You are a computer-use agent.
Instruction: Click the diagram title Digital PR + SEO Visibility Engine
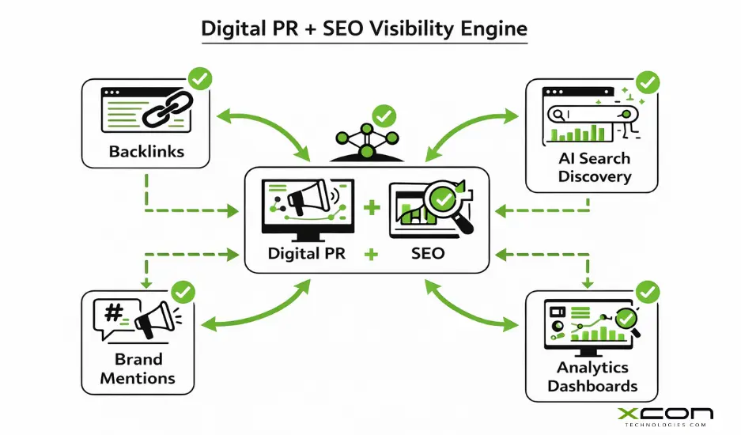pyautogui.click(x=364, y=29)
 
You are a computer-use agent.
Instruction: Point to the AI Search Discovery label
pyautogui.click(x=595, y=168)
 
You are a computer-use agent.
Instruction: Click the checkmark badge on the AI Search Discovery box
pyautogui.click(x=648, y=81)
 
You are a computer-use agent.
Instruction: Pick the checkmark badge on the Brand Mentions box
pyautogui.click(x=183, y=292)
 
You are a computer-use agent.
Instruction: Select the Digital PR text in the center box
pyautogui.click(x=305, y=255)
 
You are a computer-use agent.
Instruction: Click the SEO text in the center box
pyautogui.click(x=428, y=255)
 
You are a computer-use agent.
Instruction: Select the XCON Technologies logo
pyautogui.click(x=664, y=417)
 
